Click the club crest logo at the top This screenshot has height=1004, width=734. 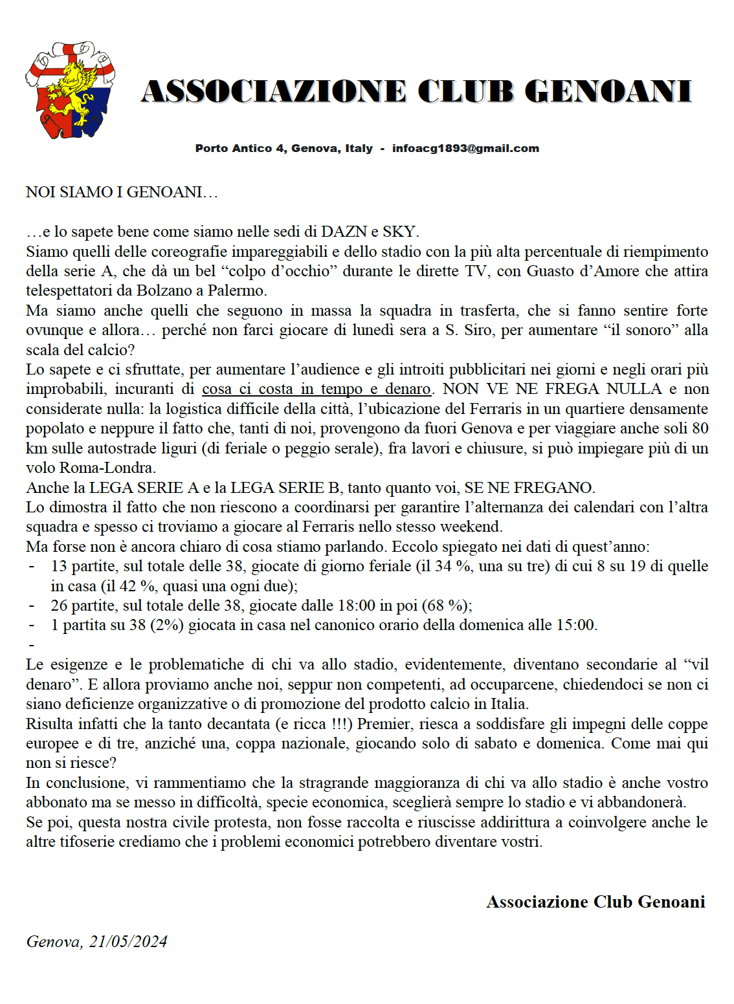click(70, 90)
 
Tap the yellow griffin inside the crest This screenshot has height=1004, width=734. click(75, 91)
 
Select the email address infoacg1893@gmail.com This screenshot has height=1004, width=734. click(465, 148)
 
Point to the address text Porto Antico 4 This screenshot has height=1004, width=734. click(240, 148)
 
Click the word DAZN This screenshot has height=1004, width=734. click(344, 232)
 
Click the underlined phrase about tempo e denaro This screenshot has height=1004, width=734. click(316, 389)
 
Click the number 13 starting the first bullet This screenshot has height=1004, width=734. click(59, 566)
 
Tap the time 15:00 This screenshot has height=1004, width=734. click(575, 625)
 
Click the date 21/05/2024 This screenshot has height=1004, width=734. click(128, 941)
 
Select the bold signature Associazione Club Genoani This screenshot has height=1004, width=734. click(595, 902)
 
